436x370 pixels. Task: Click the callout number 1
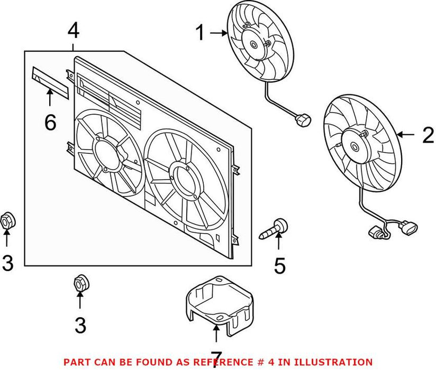click(x=201, y=33)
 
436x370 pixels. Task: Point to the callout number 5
click(x=280, y=265)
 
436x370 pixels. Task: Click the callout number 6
click(x=50, y=123)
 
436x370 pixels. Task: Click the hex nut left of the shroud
click(x=7, y=221)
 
